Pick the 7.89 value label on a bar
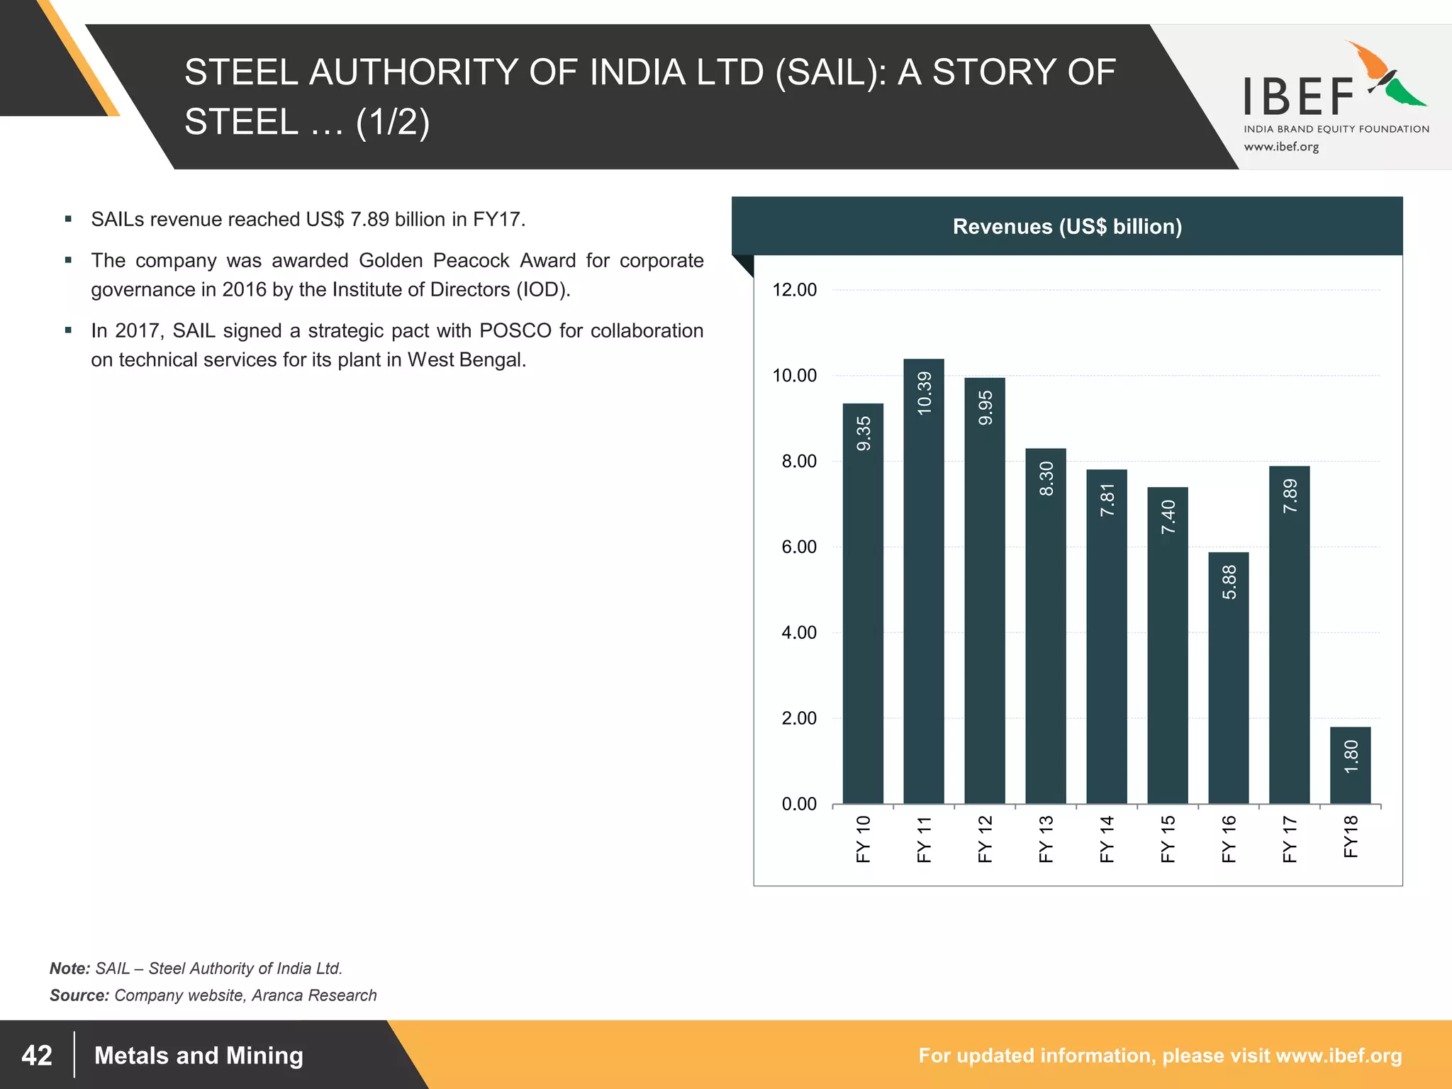(x=1290, y=496)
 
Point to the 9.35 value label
(x=863, y=433)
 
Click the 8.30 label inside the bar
(x=1046, y=479)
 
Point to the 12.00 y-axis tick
(x=794, y=290)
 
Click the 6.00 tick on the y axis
(x=798, y=547)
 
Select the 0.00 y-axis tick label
(x=798, y=804)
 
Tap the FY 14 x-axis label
(x=1107, y=839)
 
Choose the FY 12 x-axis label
(x=985, y=839)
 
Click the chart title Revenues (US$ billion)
(x=1067, y=226)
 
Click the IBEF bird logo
(x=1386, y=74)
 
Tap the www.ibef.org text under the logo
(x=1281, y=147)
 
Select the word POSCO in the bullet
(x=515, y=330)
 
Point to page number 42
(x=37, y=1055)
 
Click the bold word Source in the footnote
(x=79, y=995)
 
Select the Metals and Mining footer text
(x=199, y=1055)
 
